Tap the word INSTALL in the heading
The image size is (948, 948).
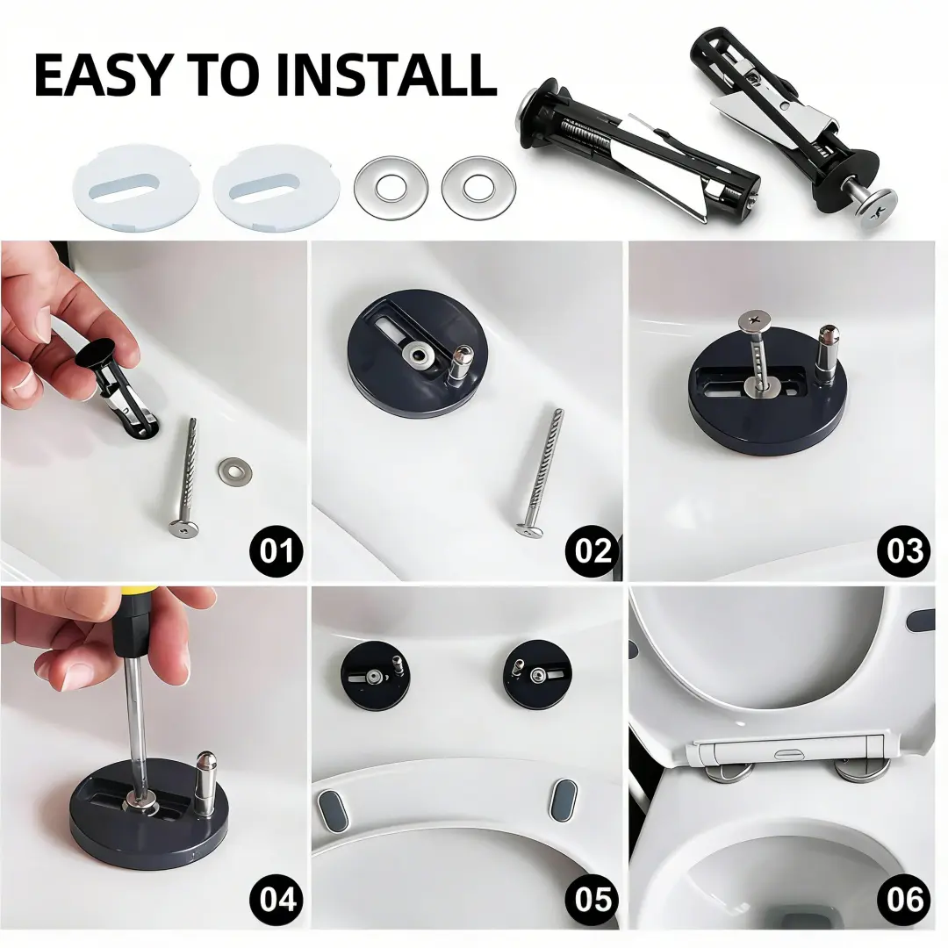click(388, 75)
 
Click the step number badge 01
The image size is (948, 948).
click(276, 550)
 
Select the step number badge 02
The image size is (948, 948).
click(592, 550)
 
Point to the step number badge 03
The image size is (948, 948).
click(905, 550)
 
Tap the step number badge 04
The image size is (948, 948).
click(276, 899)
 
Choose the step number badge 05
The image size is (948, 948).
click(592, 899)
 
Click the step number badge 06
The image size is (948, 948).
click(905, 899)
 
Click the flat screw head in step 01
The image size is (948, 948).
click(183, 529)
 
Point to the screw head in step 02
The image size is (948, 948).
click(530, 529)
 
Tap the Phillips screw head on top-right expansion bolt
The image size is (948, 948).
click(873, 208)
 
